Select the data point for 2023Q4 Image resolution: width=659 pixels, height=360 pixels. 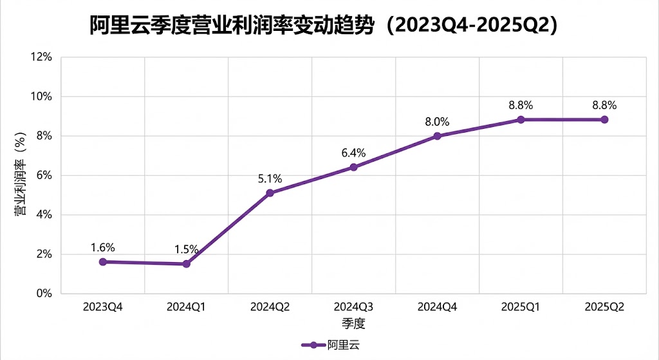point(103,261)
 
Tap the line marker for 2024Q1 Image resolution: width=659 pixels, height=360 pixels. point(187,263)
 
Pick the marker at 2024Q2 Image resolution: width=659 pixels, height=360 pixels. point(270,193)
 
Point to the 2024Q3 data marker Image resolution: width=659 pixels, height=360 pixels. point(353,167)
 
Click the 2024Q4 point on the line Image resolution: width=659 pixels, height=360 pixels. point(437,135)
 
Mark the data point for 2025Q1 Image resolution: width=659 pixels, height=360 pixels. point(521,119)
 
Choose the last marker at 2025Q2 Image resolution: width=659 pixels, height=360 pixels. point(604,119)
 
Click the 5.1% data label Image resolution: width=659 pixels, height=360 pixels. point(270,178)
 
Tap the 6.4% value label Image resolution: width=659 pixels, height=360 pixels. point(353,153)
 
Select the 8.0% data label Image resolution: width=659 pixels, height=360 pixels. point(437,121)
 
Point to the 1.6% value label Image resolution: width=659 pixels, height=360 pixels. point(103,247)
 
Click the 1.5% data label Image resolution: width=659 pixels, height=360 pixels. point(187,249)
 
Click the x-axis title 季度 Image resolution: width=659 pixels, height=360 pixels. point(353,321)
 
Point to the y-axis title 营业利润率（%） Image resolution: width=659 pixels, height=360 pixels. point(21,175)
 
